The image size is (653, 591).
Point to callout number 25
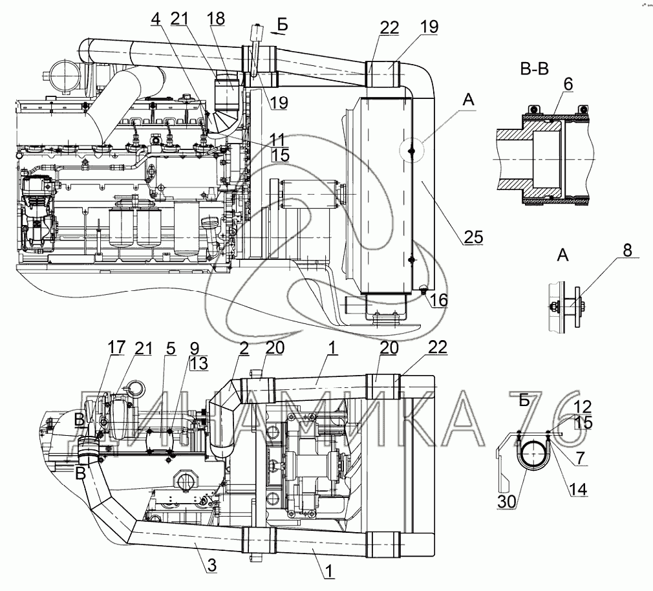[473, 237]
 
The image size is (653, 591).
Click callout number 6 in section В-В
[568, 85]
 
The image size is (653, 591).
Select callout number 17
[116, 349]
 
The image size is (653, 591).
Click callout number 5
[171, 349]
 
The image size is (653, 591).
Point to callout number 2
[243, 349]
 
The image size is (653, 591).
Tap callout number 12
[582, 406]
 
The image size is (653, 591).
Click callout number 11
[278, 139]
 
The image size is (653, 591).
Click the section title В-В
[533, 69]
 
